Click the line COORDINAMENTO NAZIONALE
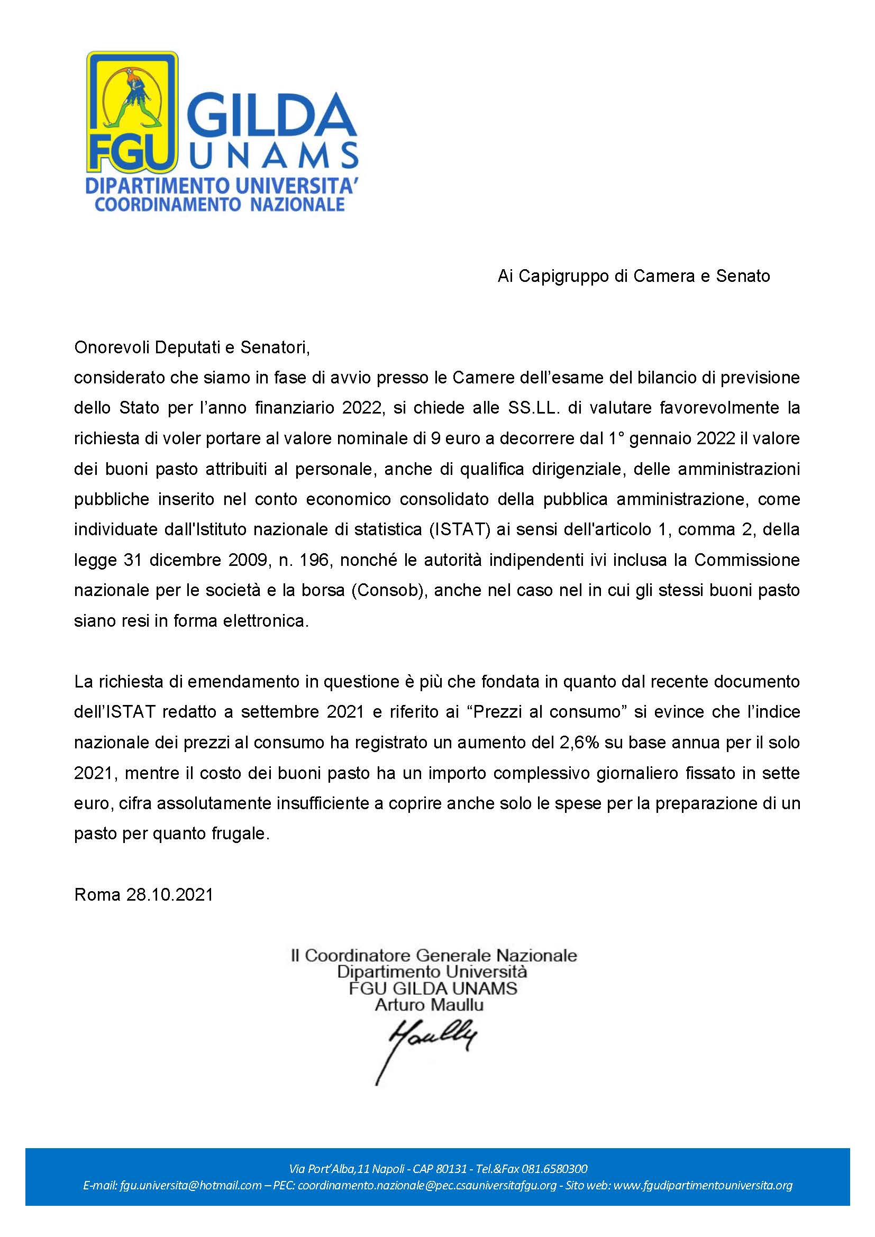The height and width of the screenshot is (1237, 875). coord(220,205)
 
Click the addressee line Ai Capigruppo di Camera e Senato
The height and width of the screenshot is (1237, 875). coord(634,276)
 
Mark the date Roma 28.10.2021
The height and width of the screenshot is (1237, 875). coord(144,895)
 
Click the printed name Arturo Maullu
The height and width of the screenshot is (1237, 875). coord(430,1005)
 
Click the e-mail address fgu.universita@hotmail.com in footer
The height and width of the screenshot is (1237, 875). coord(172,1186)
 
